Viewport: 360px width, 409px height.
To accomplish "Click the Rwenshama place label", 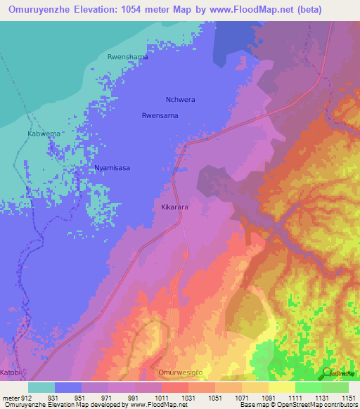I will coord(127,56).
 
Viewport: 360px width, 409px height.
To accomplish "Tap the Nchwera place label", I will coord(180,100).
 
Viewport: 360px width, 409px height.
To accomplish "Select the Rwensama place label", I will coord(160,115).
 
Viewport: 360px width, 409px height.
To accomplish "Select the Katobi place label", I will coord(11,372).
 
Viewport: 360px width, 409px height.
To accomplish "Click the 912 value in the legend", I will coord(27,397).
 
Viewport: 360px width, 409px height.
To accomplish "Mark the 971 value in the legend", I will coord(108,397).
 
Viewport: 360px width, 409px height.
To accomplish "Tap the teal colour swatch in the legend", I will coord(41,387).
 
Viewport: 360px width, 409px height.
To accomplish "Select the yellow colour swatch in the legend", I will coord(281,387).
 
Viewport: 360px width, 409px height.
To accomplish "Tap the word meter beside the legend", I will coord(10,397).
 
